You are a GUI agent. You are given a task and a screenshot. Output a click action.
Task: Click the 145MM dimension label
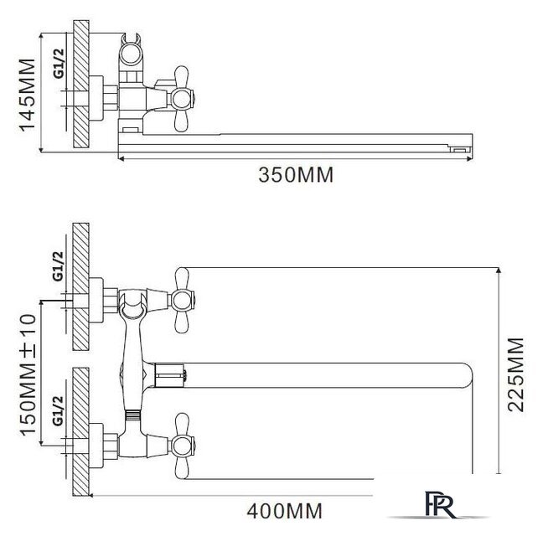point(27,95)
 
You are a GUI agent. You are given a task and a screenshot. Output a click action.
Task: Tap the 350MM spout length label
point(296,175)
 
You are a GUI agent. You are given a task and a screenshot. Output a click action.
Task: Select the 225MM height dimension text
point(515,374)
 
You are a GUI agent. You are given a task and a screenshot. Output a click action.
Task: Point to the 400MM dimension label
point(284,511)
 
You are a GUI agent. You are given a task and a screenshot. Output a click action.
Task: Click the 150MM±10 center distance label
point(28,374)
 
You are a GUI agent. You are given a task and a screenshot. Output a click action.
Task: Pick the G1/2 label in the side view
point(59,64)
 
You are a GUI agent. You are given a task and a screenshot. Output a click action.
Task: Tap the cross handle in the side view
point(182,99)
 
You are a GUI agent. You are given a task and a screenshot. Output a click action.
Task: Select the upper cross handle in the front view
point(183,300)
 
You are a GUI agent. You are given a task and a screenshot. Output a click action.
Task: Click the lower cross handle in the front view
point(183,446)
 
